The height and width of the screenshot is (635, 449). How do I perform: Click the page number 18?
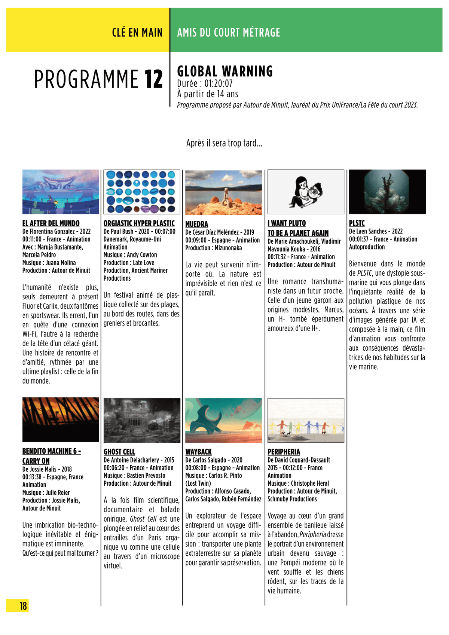[x=23, y=605]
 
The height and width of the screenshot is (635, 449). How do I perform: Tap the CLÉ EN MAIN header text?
[x=137, y=33]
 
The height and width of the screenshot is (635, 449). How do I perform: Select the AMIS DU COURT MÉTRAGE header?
[x=229, y=33]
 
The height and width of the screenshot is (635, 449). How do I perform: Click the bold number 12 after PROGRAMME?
[x=154, y=79]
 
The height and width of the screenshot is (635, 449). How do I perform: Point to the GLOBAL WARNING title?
[x=225, y=71]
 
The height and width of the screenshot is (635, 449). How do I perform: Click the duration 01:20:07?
[x=218, y=83]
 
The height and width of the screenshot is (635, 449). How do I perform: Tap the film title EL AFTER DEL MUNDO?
[x=51, y=223]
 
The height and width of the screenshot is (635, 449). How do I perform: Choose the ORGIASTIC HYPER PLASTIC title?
[x=139, y=223]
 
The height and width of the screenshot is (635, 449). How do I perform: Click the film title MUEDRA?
[x=196, y=224]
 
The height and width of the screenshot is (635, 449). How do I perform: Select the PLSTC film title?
[x=357, y=223]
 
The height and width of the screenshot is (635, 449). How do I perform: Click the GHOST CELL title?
[x=119, y=452]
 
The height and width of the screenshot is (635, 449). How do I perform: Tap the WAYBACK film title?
[x=198, y=452]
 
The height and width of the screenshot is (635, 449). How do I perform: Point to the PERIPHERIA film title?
[x=284, y=452]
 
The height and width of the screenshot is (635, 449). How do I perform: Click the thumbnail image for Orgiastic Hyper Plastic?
[x=142, y=192]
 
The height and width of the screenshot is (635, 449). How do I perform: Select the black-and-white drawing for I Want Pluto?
[x=306, y=192]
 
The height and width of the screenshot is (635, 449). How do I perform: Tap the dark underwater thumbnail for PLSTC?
[x=387, y=192]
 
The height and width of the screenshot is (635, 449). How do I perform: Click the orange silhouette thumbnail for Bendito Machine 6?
[x=61, y=419]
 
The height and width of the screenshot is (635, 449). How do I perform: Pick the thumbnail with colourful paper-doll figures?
[x=306, y=420]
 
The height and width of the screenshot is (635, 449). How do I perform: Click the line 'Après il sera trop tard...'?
[x=224, y=143]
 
